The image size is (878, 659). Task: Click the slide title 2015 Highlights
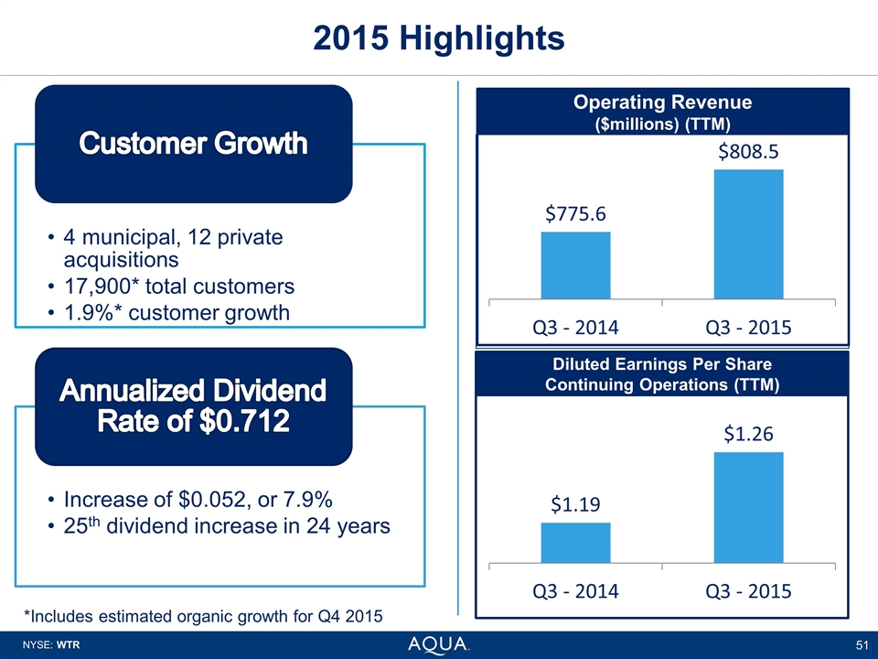[x=438, y=38]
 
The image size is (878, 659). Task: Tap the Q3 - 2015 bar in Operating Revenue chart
[x=748, y=233]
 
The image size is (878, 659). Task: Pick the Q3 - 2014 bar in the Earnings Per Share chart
[x=575, y=543]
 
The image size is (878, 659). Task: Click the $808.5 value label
[x=748, y=151]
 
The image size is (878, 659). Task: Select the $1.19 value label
[x=576, y=503]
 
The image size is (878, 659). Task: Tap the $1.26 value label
[x=748, y=434]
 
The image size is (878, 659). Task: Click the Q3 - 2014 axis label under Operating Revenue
[x=575, y=327]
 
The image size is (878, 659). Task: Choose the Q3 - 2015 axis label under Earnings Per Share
[x=748, y=590]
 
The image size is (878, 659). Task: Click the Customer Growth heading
[x=193, y=144]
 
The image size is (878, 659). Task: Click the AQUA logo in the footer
[x=438, y=644]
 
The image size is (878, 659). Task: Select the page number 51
[x=860, y=645]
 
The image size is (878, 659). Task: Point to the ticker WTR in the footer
[x=70, y=645]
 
